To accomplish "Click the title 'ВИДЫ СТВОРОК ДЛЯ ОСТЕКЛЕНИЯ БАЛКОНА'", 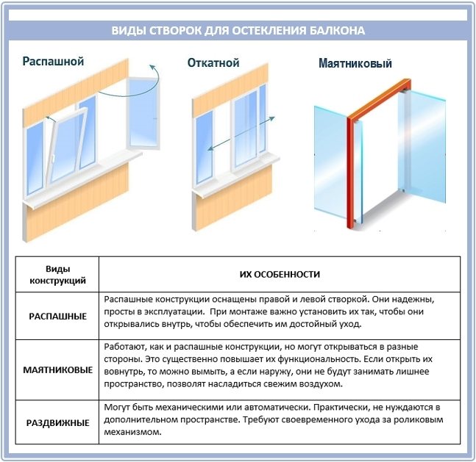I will point(238,31).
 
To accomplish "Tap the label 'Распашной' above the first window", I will point(53,62).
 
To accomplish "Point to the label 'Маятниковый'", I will point(355,64).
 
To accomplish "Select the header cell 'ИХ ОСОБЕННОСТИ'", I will point(280,274).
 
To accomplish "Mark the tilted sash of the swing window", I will point(67,143).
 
